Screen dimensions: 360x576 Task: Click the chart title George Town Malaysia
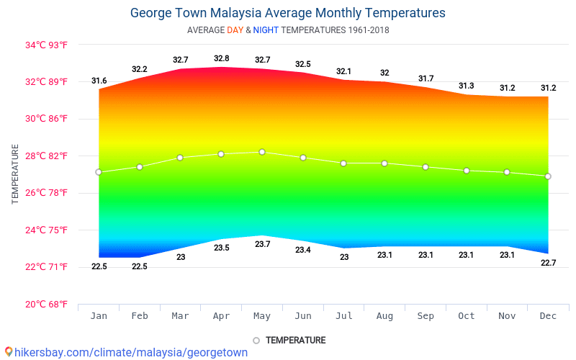coord(287,13)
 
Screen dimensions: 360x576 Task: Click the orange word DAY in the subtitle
coord(235,30)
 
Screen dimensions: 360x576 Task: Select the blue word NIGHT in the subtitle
coord(266,30)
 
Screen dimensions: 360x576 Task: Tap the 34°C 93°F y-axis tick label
coord(46,45)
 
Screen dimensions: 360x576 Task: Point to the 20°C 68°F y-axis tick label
coord(46,304)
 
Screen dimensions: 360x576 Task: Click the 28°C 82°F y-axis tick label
coord(46,156)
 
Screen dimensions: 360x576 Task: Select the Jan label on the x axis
coord(99,315)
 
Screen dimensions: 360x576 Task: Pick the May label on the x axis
coord(262,315)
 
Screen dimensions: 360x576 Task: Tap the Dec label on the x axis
coord(548,315)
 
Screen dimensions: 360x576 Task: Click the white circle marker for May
coord(262,152)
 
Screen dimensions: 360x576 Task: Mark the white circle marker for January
coord(99,172)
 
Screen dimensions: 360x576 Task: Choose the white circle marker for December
coord(548,176)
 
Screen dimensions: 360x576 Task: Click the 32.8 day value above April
coord(221,58)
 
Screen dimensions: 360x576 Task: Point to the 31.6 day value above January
coord(99,81)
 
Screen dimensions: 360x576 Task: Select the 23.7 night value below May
coord(262,244)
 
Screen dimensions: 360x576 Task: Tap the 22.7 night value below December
coord(548,263)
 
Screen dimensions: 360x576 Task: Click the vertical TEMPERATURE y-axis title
coord(15,174)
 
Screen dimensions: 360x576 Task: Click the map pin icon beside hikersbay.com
coord(8,352)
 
